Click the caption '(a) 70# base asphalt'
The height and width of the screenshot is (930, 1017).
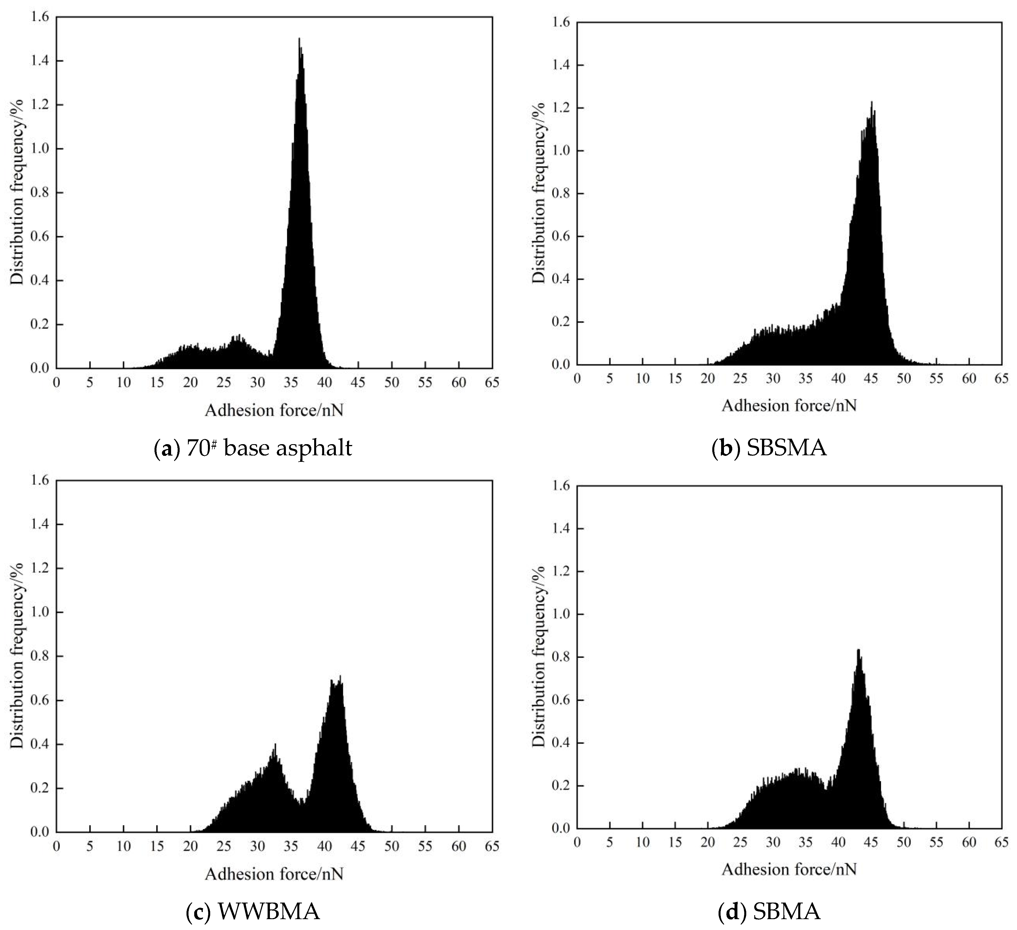[253, 448]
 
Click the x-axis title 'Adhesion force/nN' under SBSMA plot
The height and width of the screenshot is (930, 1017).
[789, 405]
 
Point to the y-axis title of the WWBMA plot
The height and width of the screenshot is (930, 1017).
[18, 656]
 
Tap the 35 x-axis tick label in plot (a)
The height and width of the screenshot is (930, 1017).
[291, 382]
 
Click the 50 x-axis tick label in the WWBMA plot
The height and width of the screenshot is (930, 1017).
[392, 846]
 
